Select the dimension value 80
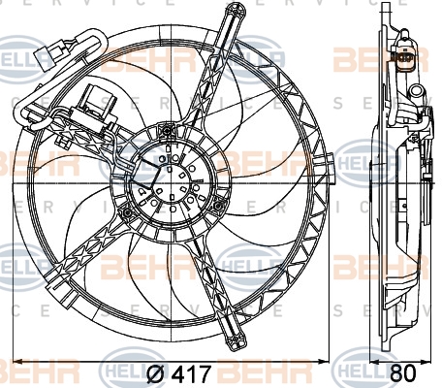[x=404, y=372]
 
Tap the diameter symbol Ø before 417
[x=155, y=372]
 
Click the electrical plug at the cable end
[x=48, y=54]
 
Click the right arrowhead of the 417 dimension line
[x=331, y=360]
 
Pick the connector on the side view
[x=400, y=58]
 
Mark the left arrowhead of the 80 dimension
[x=373, y=360]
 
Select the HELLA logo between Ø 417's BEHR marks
[x=107, y=372]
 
